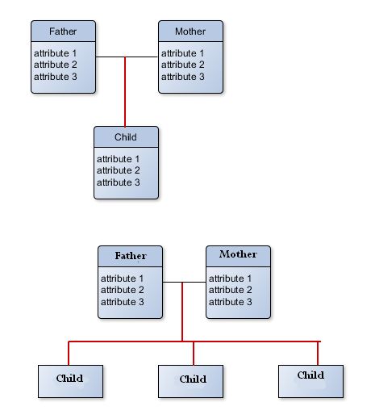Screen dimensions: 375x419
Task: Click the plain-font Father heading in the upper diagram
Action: [x=63, y=31]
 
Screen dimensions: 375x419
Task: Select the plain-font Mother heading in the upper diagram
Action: [x=190, y=31]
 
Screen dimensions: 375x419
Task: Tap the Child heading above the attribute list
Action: [x=126, y=137]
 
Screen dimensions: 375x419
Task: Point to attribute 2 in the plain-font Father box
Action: [x=56, y=65]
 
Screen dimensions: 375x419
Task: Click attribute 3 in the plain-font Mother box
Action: [x=183, y=77]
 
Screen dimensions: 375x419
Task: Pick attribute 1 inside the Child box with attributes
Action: [x=119, y=159]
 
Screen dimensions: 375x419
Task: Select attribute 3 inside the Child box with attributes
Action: [x=119, y=182]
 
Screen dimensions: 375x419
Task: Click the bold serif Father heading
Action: [x=131, y=256]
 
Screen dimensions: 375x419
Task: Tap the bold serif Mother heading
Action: [x=238, y=254]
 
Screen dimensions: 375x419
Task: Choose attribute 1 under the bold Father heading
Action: [x=123, y=279]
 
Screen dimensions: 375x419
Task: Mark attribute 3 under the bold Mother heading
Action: [x=231, y=302]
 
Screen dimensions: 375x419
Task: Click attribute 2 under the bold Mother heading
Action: [x=231, y=290]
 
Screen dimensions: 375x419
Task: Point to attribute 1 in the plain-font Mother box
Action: [x=183, y=53]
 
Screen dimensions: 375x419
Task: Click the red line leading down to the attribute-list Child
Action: [x=125, y=92]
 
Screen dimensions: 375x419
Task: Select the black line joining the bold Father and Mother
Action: [x=185, y=283]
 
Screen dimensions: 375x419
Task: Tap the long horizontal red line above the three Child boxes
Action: [x=194, y=341]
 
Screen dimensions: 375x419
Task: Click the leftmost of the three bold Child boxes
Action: [x=70, y=381]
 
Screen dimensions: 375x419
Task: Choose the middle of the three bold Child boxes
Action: [x=190, y=381]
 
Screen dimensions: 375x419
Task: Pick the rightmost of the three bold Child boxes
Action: [x=310, y=381]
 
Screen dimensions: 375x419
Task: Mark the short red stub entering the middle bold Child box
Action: [x=194, y=354]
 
